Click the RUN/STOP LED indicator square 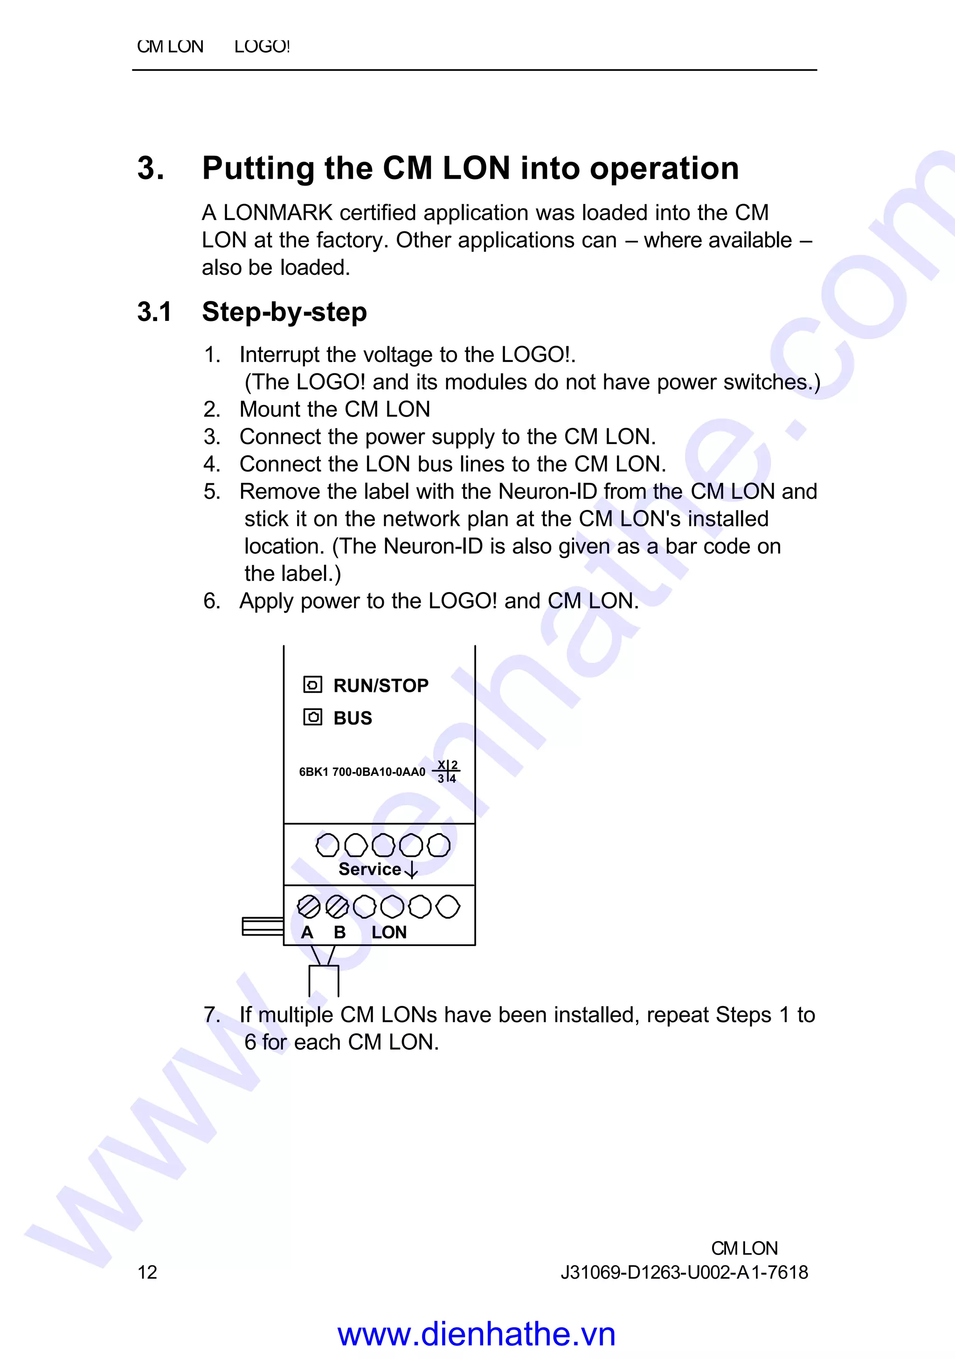312,685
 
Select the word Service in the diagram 370,870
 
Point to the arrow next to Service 411,870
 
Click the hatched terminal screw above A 308,906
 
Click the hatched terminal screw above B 337,906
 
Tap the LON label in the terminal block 389,932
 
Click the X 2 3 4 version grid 447,772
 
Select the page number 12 147,1272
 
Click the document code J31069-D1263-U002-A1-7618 684,1272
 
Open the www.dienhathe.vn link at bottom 476,1335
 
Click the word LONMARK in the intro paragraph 277,212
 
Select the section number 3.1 154,312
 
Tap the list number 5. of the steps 212,491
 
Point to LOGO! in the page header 262,46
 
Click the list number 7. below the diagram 212,1015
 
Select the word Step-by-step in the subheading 284,312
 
